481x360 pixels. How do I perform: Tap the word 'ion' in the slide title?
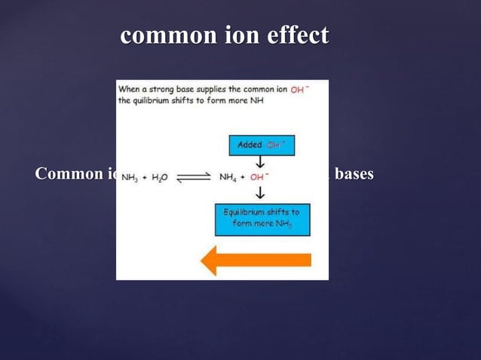226,35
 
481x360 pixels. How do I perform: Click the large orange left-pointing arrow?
256,260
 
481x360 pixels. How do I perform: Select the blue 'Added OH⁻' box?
261,145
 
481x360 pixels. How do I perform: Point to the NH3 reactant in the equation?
129,178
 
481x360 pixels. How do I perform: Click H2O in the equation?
159,178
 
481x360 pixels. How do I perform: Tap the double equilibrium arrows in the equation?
193,178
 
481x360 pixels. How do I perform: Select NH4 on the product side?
228,178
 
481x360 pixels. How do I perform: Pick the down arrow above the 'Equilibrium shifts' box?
261,194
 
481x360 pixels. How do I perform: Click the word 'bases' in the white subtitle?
354,174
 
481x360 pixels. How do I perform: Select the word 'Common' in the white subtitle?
67,174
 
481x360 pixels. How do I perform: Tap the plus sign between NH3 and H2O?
143,178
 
